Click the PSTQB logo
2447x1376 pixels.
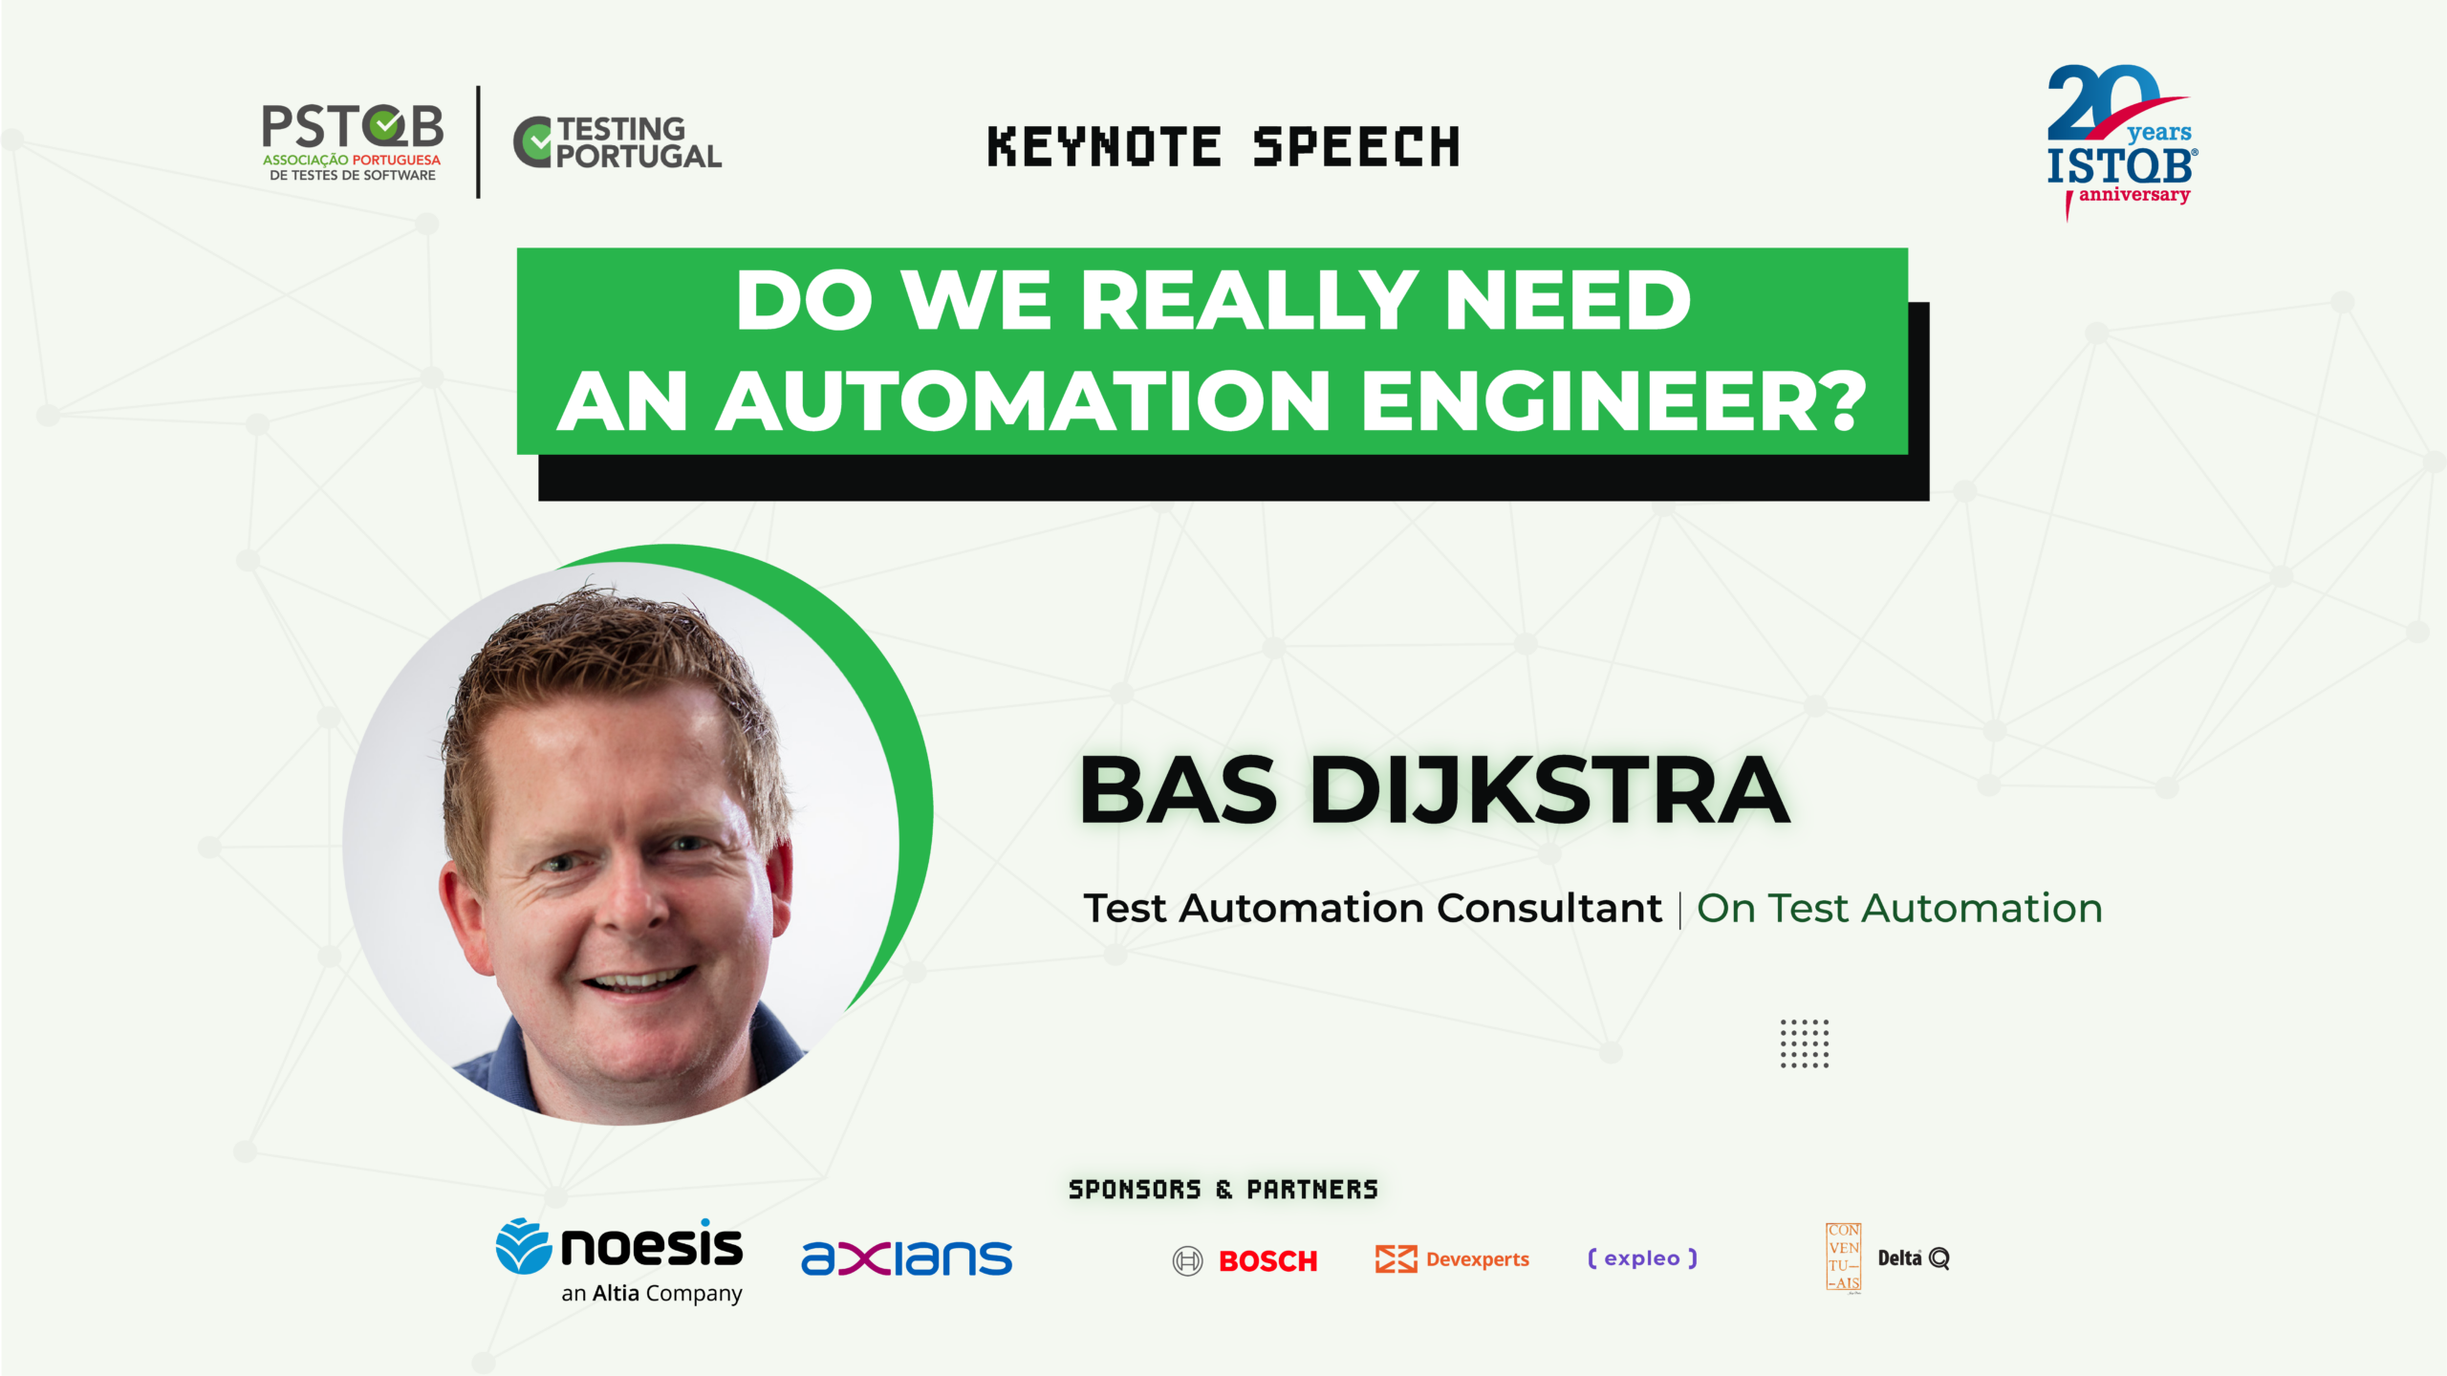click(x=352, y=142)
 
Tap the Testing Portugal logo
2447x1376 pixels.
click(x=617, y=143)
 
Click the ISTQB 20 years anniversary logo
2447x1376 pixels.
click(x=2122, y=141)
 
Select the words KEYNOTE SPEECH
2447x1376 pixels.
click(x=1223, y=147)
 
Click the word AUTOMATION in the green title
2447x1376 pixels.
click(x=1024, y=401)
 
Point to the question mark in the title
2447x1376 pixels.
click(x=1841, y=400)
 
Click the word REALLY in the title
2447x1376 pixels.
click(x=1247, y=300)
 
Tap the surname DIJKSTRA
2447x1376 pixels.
click(x=1548, y=790)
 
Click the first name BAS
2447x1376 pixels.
click(x=1178, y=790)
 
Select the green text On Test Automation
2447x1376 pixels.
click(x=1899, y=908)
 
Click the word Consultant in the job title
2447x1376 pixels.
click(x=1549, y=908)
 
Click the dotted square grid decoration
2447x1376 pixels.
click(x=1805, y=1043)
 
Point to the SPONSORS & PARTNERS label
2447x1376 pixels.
click(x=1223, y=1190)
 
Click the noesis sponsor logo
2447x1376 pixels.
click(x=619, y=1260)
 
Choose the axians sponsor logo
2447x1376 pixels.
click(x=906, y=1258)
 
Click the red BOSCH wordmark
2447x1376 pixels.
click(x=1268, y=1261)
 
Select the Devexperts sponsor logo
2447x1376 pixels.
click(x=1452, y=1259)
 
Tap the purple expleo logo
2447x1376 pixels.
click(x=1642, y=1258)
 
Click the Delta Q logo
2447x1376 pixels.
click(x=1914, y=1258)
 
